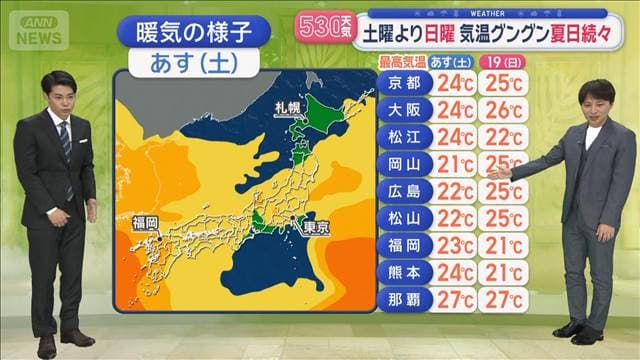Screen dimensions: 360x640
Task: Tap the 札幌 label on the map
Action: point(288,107)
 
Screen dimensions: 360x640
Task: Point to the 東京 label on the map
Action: point(316,227)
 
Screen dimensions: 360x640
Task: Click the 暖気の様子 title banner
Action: point(194,33)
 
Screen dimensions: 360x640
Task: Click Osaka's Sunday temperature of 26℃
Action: point(504,110)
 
